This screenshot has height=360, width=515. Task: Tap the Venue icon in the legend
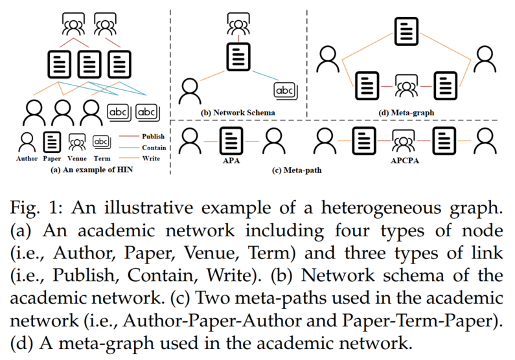77,141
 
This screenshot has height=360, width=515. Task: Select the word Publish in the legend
152,137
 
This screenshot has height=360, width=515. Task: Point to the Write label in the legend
149,157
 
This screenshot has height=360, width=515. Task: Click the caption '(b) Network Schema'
237,113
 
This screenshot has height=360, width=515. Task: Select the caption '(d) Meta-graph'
406,113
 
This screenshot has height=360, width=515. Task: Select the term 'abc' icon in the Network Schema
286,90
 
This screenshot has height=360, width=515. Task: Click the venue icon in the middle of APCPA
406,137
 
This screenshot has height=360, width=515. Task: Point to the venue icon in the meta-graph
406,85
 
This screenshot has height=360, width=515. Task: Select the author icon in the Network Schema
189,89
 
